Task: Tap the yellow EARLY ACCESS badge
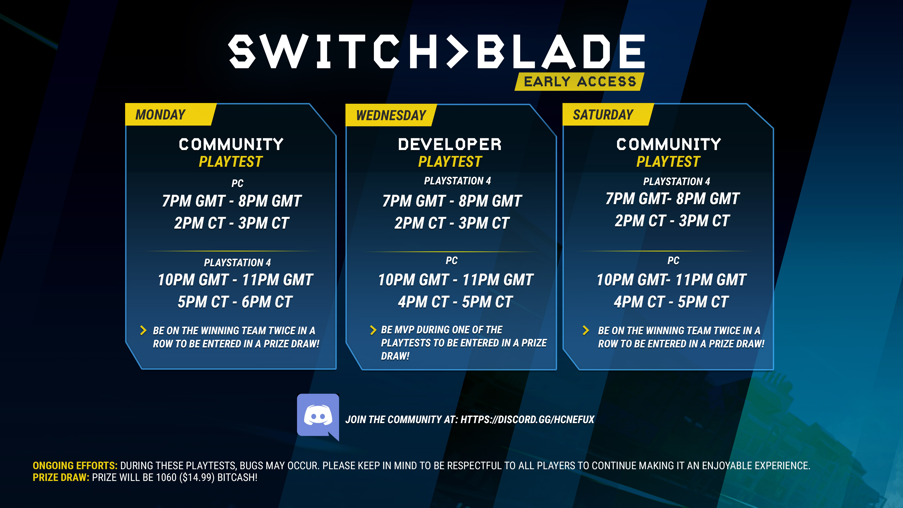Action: [x=579, y=82]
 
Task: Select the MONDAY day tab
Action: [x=161, y=115]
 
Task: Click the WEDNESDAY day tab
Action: [x=391, y=115]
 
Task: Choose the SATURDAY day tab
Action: [x=603, y=115]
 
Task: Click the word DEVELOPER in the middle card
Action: [x=450, y=144]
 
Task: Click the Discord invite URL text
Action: [x=527, y=419]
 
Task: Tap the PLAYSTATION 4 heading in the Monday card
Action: [x=237, y=263]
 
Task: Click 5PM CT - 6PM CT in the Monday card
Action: [x=235, y=302]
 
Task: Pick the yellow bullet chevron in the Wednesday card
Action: [x=373, y=330]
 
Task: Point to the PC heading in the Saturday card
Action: [x=673, y=261]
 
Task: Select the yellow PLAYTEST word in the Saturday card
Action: [x=668, y=162]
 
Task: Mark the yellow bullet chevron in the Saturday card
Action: [x=585, y=330]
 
